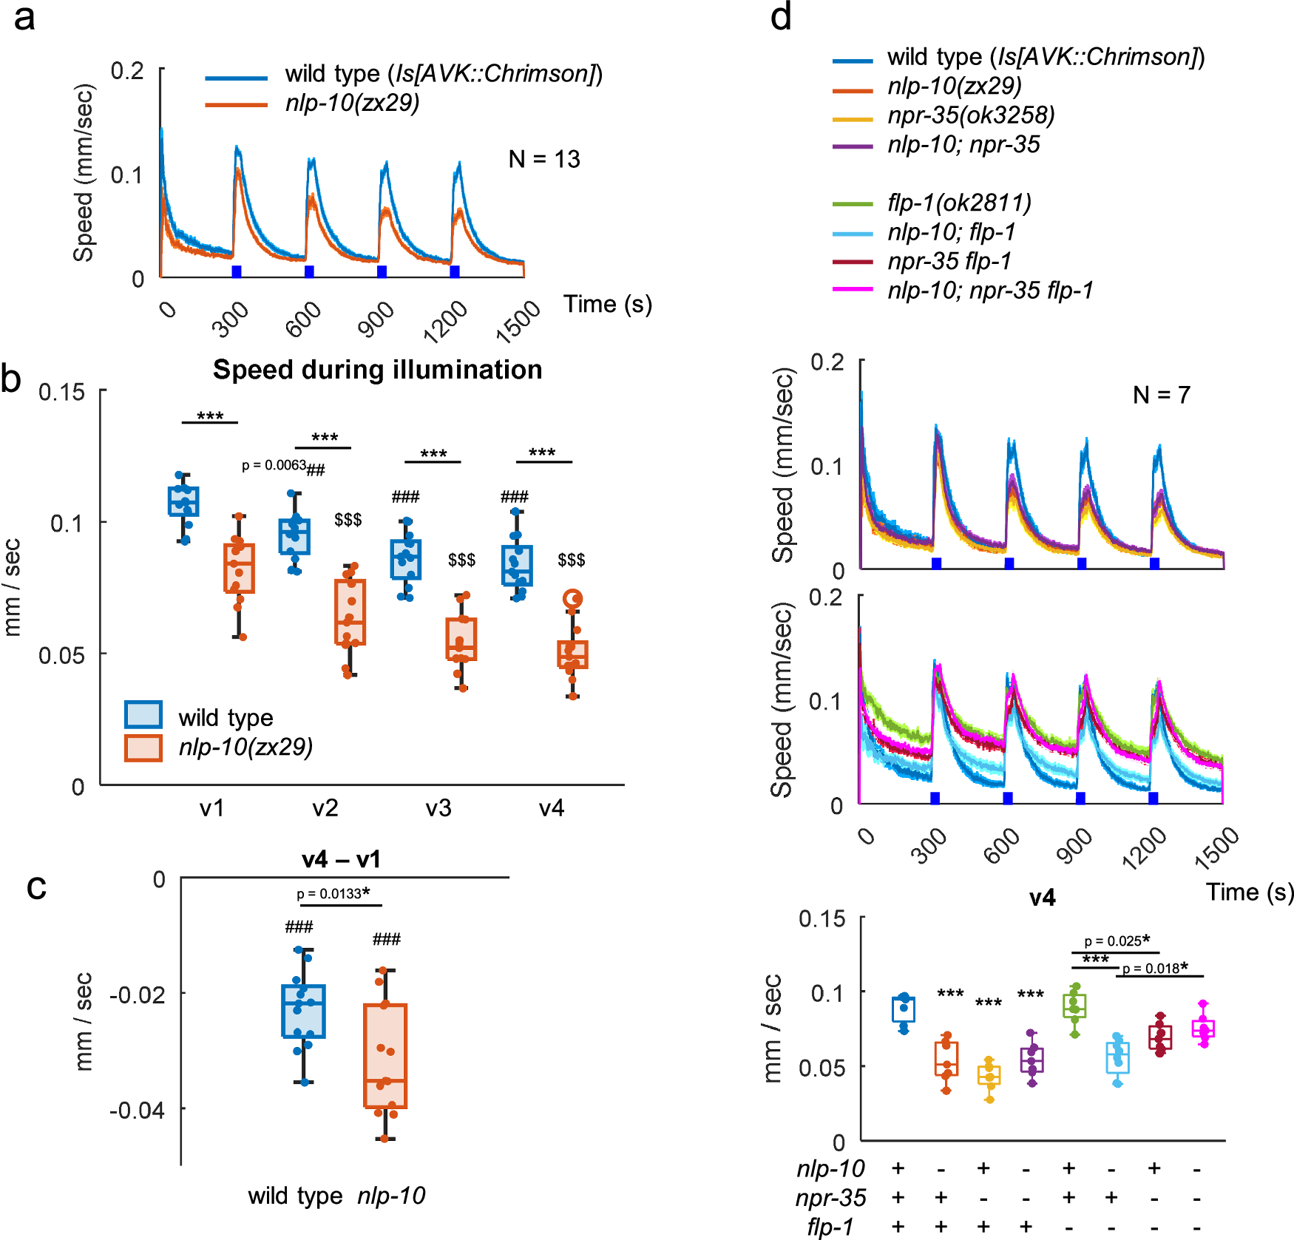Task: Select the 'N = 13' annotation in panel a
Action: tap(544, 159)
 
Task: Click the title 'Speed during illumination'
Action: tap(377, 369)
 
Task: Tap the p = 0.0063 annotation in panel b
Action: tap(274, 465)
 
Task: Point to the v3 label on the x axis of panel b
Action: tap(438, 807)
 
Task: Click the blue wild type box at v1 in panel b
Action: tap(183, 501)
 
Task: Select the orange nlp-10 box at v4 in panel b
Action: tap(572, 655)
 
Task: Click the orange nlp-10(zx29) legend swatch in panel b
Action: tap(143, 748)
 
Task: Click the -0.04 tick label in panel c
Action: tap(137, 1109)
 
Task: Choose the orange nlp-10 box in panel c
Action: tap(385, 1055)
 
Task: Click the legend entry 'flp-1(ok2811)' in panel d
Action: tap(959, 203)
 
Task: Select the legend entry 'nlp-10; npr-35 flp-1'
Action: tap(990, 291)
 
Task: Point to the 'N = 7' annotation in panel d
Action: tap(1161, 395)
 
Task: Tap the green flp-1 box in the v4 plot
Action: tap(1074, 1006)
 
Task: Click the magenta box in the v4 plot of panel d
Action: tap(1203, 1029)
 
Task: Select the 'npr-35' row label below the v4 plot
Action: tap(830, 1197)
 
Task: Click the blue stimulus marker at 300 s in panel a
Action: tap(237, 271)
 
